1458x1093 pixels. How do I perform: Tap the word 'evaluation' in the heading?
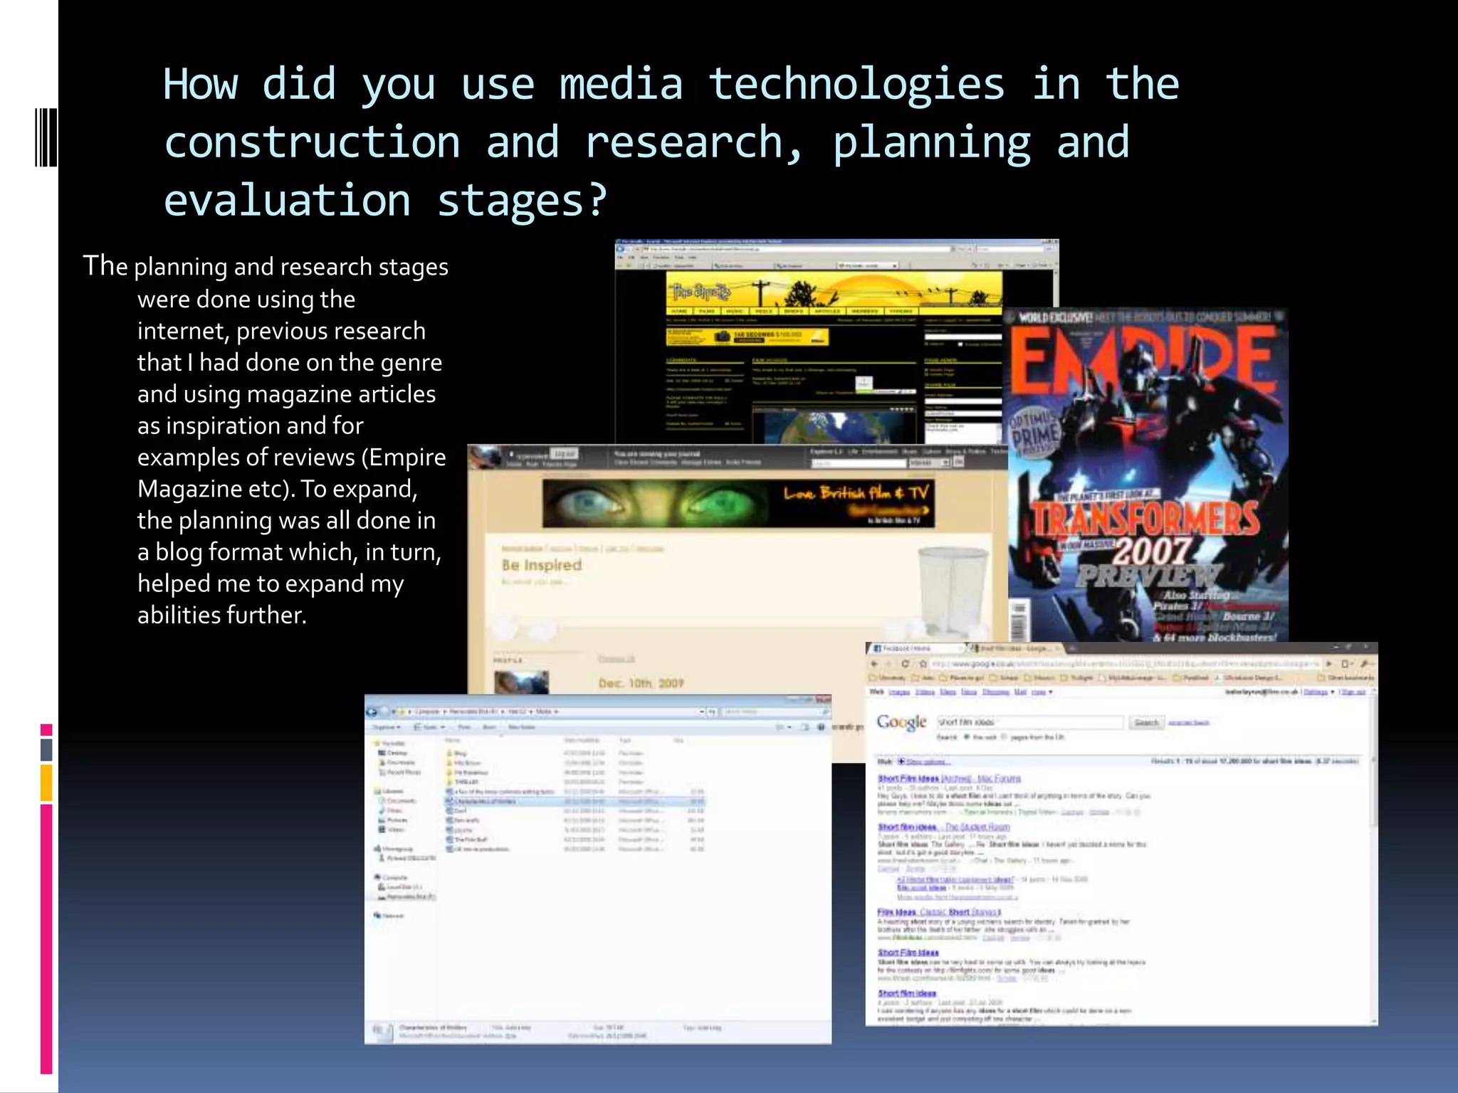point(287,201)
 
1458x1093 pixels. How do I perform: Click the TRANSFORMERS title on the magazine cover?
point(1145,518)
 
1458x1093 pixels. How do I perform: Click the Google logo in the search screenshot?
point(901,722)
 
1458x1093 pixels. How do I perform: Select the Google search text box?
point(1029,722)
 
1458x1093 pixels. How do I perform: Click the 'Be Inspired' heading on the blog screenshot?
point(542,565)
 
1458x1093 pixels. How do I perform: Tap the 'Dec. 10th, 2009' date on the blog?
point(641,683)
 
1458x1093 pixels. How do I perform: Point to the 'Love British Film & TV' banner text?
point(856,493)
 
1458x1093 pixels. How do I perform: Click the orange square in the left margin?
point(46,782)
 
